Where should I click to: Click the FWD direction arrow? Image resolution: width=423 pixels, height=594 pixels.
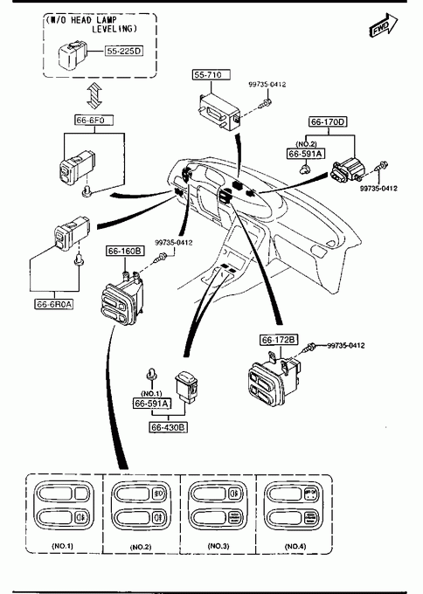(x=383, y=25)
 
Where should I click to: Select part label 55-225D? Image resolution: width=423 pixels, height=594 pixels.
(x=124, y=51)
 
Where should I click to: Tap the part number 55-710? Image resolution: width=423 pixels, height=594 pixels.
(x=211, y=74)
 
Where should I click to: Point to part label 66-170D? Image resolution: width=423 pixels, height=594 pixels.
(x=329, y=121)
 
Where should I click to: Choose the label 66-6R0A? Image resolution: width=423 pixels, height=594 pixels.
(x=54, y=304)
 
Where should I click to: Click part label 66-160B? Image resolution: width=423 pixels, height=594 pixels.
(x=125, y=251)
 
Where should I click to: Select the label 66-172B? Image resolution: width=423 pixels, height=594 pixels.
(x=279, y=340)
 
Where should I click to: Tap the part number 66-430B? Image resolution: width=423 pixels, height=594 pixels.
(x=169, y=427)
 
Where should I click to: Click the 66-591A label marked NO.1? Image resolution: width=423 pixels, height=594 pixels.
(x=151, y=404)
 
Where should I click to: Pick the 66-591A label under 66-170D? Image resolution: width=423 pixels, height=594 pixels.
(x=305, y=154)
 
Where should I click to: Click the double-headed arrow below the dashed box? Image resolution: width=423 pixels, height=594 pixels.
(x=94, y=95)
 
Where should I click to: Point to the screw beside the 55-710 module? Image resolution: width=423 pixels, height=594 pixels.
(x=265, y=103)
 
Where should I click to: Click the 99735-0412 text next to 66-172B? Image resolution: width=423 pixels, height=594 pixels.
(x=346, y=346)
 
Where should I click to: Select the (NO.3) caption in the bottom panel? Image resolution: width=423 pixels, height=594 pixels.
(x=218, y=546)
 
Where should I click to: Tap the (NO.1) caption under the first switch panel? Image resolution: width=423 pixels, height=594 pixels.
(x=63, y=546)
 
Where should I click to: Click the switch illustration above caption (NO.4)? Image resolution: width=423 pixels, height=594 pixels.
(x=294, y=505)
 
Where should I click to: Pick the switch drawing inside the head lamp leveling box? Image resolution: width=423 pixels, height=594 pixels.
(x=73, y=54)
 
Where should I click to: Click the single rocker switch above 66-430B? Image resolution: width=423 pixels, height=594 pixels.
(x=187, y=385)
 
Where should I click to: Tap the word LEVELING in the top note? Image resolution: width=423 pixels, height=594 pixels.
(x=114, y=29)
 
